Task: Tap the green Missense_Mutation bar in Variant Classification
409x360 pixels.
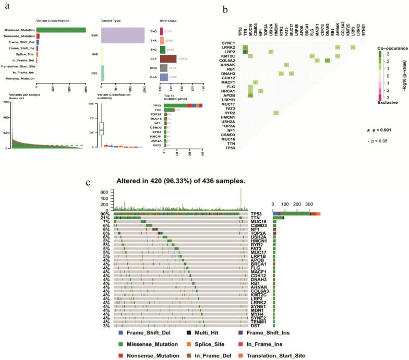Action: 61,29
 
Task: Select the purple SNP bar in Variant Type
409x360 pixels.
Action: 123,35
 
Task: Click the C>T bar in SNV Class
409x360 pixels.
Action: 169,58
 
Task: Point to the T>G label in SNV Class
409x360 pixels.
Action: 154,31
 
